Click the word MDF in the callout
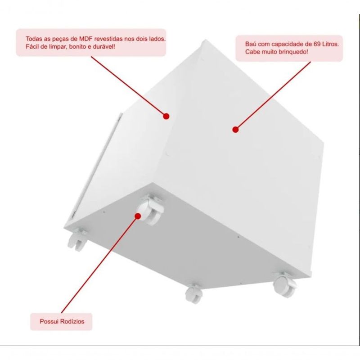tap(85, 39)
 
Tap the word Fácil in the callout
tap(32, 47)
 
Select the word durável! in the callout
tap(105, 47)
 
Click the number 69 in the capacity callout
tap(317, 44)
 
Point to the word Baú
tap(251, 44)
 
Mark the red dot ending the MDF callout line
tap(166, 117)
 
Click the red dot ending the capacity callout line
tap(235, 130)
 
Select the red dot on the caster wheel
tap(138, 216)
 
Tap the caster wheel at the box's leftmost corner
tap(77, 240)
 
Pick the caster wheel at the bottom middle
tap(194, 294)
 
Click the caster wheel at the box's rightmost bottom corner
tap(284, 285)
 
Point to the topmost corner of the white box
tap(205, 40)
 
